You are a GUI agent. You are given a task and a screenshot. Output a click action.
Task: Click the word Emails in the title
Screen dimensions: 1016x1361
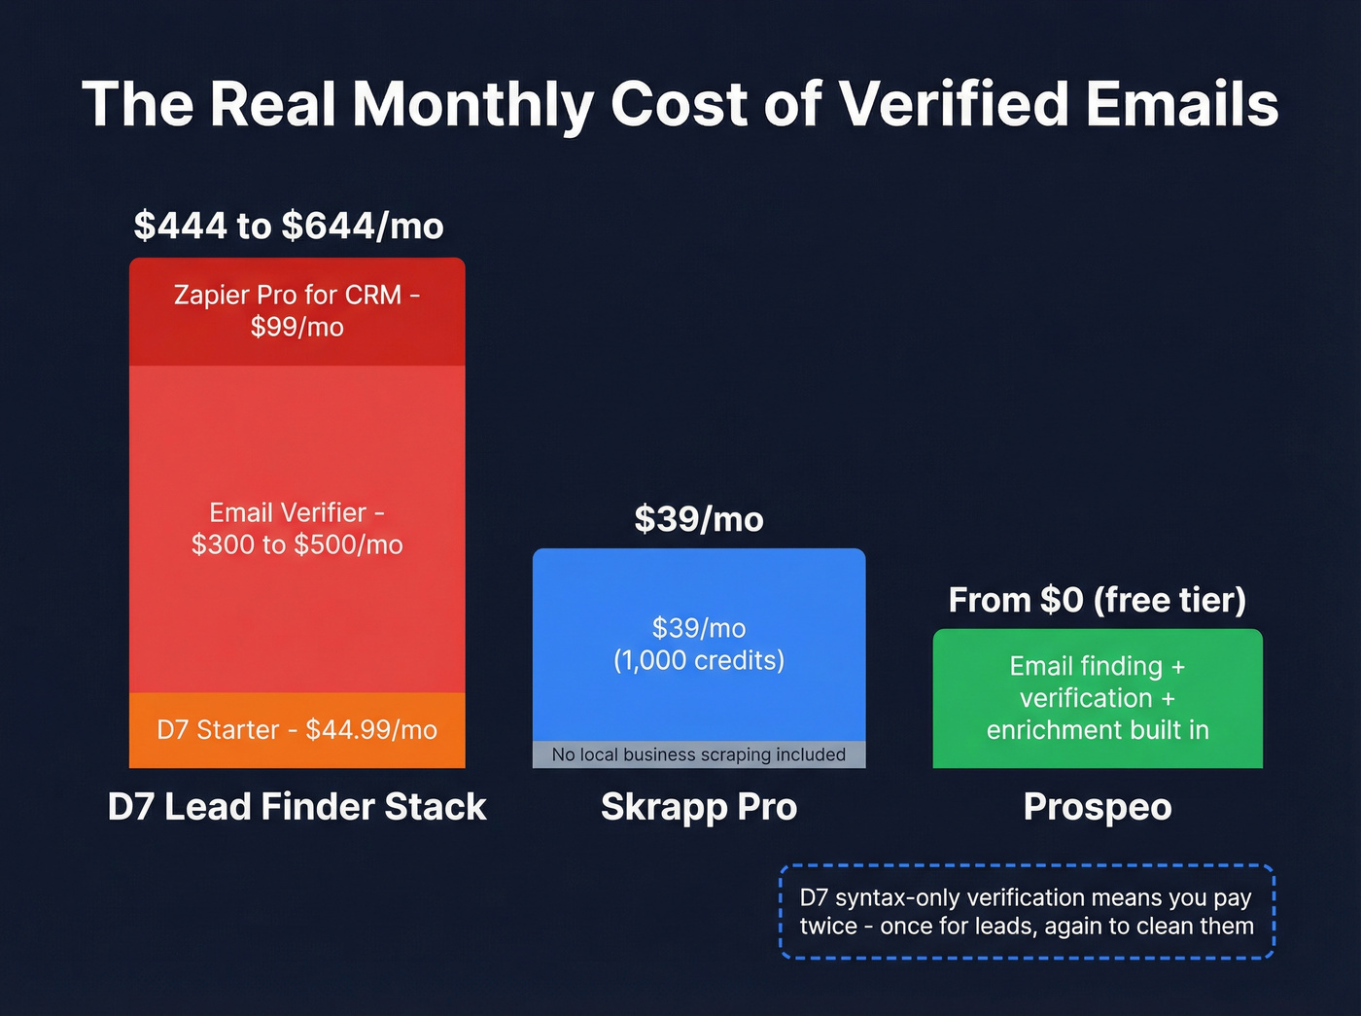coord(1181,104)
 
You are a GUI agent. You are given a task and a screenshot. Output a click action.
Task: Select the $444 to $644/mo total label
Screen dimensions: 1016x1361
coord(289,226)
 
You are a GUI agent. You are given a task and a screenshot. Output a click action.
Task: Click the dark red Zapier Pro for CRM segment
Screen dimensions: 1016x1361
coord(297,311)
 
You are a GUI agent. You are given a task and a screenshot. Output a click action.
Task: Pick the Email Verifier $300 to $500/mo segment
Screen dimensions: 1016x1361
coord(297,529)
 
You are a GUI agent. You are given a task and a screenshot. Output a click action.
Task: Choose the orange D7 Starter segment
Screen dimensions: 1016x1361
coord(297,730)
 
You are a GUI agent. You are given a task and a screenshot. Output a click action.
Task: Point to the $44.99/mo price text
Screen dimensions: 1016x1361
coord(371,730)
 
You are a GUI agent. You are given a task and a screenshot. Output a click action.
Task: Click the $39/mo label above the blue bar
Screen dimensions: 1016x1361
coord(699,519)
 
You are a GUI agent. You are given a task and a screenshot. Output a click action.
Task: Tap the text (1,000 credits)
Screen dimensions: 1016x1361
coord(699,661)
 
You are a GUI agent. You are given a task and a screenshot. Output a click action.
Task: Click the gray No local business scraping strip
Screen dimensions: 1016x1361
coord(699,754)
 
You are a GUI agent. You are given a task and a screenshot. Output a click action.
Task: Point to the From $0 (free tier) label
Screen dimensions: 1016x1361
coord(1098,600)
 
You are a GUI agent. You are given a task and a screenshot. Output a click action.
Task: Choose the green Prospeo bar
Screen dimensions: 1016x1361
coord(1098,698)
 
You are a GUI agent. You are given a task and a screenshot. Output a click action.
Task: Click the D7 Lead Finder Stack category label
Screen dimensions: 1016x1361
coord(297,807)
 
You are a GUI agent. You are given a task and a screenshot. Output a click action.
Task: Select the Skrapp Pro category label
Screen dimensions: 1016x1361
coord(699,807)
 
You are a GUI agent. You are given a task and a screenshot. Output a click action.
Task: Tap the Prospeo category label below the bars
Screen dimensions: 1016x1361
coord(1098,807)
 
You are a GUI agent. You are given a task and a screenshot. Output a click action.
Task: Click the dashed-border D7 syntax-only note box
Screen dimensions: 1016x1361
coord(1027,912)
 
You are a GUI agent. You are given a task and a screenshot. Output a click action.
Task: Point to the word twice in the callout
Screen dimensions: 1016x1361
coord(827,927)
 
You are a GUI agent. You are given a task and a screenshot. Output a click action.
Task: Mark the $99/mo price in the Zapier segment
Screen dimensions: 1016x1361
coord(297,328)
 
